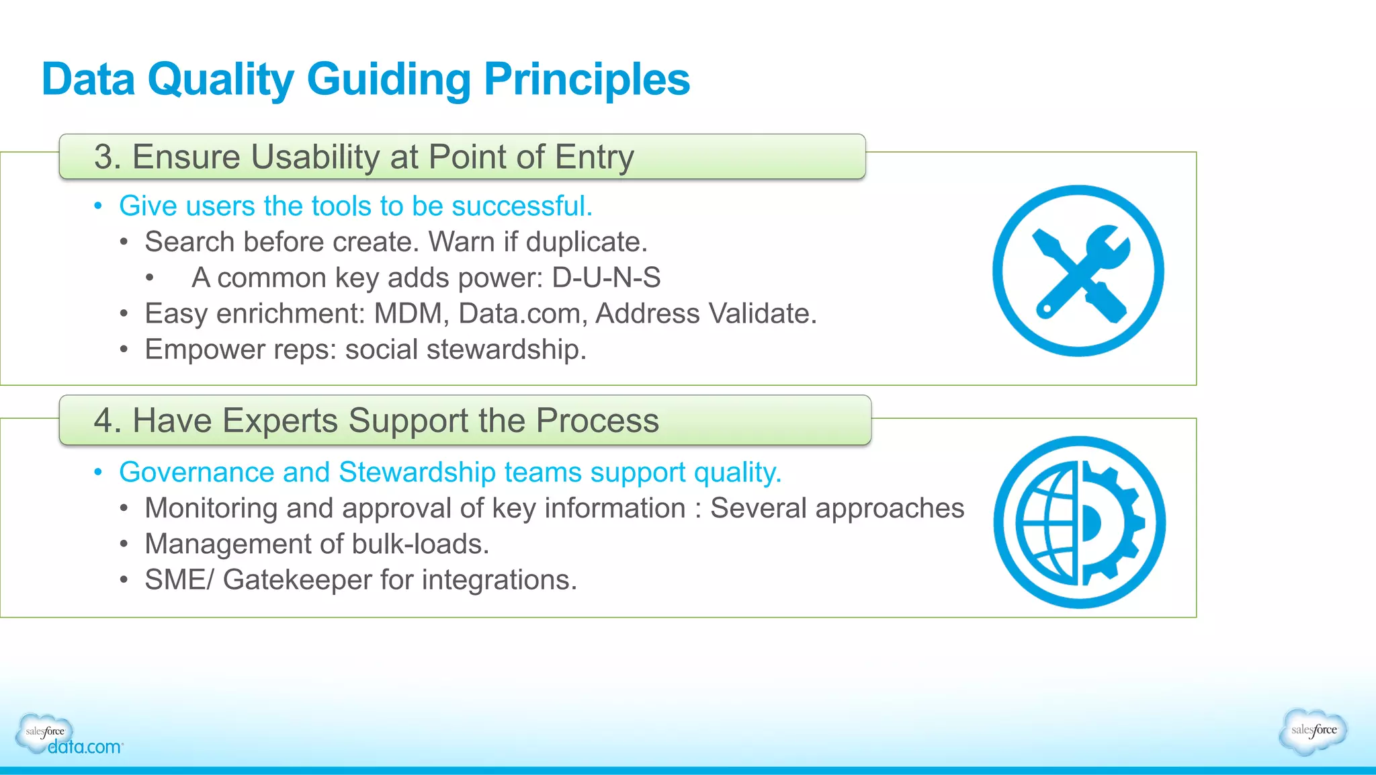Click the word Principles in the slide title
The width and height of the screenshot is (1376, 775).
(587, 79)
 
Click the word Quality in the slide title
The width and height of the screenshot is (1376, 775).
(220, 79)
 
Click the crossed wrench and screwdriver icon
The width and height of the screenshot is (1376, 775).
(1078, 271)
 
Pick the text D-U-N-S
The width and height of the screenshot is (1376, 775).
(606, 278)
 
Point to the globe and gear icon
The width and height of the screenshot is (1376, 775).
(1079, 522)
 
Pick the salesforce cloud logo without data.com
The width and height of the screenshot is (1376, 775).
(1313, 731)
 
